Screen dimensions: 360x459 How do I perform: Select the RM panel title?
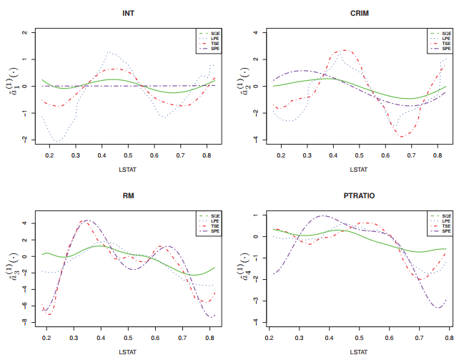[x=128, y=195]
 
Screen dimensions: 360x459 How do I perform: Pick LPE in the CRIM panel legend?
[x=445, y=38]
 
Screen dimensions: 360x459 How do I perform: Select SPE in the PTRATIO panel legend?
[x=445, y=231]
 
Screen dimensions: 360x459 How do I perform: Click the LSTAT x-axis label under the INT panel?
[x=128, y=170]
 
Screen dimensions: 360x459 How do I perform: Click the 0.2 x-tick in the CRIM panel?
[x=281, y=155]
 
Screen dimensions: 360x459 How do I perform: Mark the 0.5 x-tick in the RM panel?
[x=128, y=336]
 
